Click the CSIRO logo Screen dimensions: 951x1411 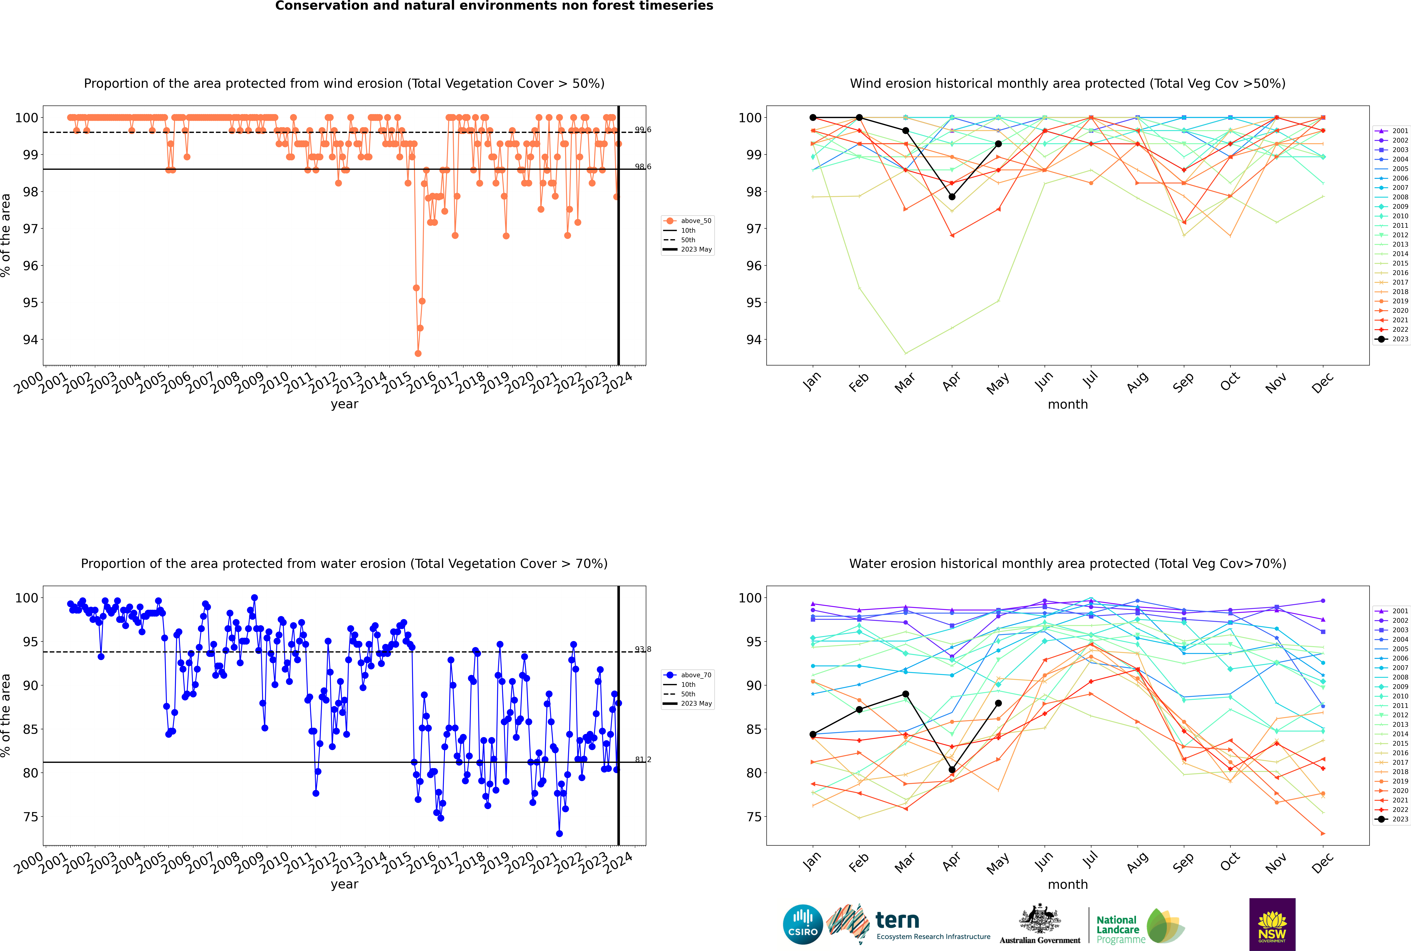coord(803,925)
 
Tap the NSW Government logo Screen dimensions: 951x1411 coord(1272,924)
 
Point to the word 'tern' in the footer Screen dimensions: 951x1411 coord(897,921)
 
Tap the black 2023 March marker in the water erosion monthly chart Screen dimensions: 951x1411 coord(906,694)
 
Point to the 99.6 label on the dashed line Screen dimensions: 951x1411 coord(643,130)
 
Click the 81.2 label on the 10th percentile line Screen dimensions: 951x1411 coord(643,759)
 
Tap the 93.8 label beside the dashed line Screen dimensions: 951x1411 coord(643,650)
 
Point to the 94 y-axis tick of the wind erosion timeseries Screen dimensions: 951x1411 coord(30,340)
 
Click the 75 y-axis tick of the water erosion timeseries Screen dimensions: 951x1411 coord(30,817)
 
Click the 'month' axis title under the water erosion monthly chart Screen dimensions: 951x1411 coord(1068,884)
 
